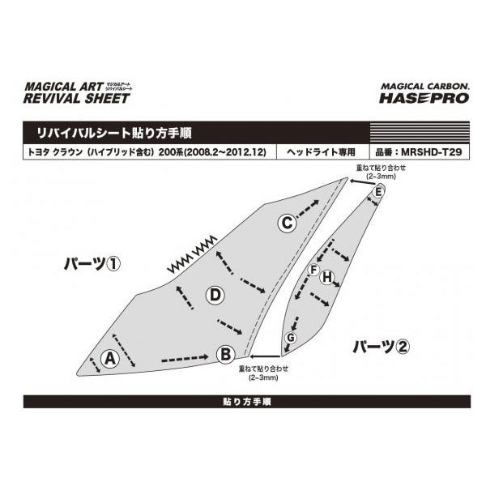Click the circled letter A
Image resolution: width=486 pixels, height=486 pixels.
(109, 357)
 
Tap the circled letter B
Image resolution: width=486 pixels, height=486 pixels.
(226, 352)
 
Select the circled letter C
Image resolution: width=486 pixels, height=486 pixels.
(287, 224)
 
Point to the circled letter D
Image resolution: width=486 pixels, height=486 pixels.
(214, 296)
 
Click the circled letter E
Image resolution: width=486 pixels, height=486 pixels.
(378, 191)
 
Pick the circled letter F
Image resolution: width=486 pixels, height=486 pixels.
(313, 270)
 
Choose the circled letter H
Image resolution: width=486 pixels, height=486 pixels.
(327, 278)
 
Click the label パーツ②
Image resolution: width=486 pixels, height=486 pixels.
(381, 347)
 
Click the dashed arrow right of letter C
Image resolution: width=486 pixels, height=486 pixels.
(308, 211)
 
